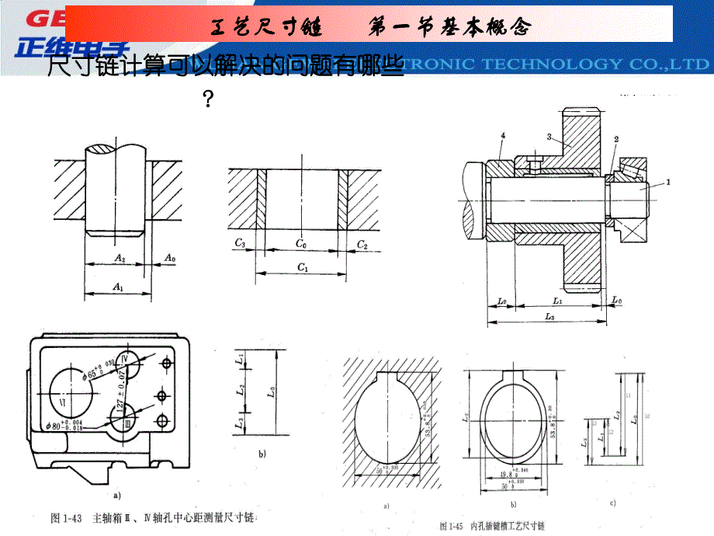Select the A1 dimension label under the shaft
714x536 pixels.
click(x=118, y=287)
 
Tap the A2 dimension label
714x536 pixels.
click(x=119, y=256)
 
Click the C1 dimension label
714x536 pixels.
click(x=302, y=268)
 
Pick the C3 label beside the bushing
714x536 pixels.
click(x=241, y=244)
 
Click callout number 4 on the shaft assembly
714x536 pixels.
click(x=503, y=137)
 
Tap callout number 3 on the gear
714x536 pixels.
click(x=549, y=137)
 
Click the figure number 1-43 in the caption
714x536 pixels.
click(x=75, y=517)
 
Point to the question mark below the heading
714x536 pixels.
click(x=207, y=99)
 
